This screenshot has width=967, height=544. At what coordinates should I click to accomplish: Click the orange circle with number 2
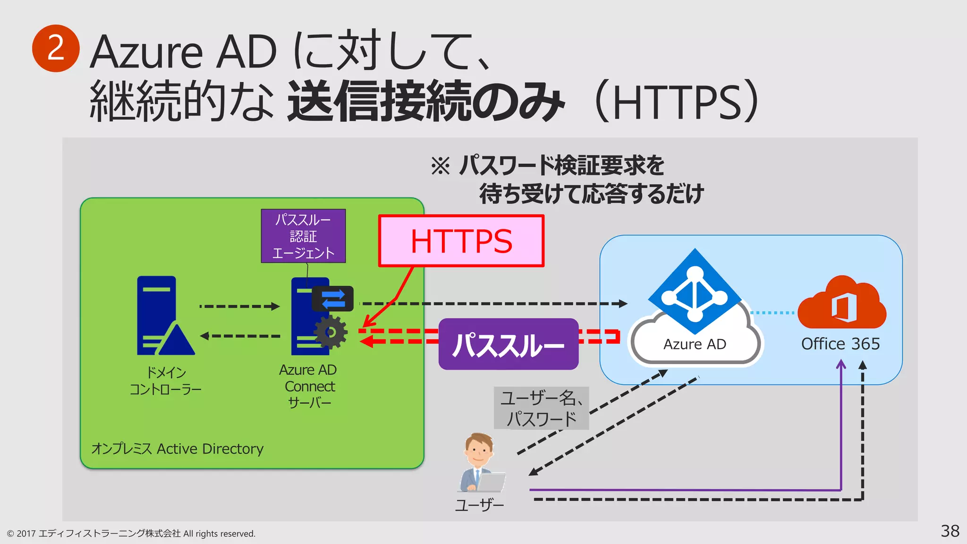pyautogui.click(x=56, y=48)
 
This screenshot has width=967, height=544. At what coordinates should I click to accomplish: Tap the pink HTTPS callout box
pyautogui.click(x=461, y=241)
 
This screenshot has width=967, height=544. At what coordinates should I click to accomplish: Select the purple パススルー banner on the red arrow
pyautogui.click(x=508, y=344)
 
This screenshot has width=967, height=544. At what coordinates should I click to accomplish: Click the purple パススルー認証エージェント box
pyautogui.click(x=303, y=236)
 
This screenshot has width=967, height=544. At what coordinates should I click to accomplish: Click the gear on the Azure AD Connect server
pyautogui.click(x=331, y=332)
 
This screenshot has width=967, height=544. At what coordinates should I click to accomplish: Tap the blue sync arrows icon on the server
pyautogui.click(x=333, y=298)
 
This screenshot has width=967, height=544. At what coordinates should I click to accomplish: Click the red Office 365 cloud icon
pyautogui.click(x=842, y=304)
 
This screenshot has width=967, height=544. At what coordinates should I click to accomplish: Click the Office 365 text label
pyautogui.click(x=840, y=344)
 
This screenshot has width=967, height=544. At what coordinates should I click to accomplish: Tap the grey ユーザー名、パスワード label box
pyautogui.click(x=541, y=408)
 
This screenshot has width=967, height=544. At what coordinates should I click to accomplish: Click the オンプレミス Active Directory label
pyautogui.click(x=177, y=449)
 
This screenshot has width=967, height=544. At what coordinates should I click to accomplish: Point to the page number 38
pyautogui.click(x=950, y=531)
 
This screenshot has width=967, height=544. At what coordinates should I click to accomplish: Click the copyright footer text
pyautogui.click(x=131, y=534)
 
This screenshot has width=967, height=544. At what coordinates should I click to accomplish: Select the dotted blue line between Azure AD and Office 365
pyautogui.click(x=772, y=313)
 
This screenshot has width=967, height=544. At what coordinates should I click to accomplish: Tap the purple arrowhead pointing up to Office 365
pyautogui.click(x=841, y=364)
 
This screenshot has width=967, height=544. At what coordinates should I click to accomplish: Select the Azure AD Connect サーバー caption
pyautogui.click(x=309, y=386)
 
